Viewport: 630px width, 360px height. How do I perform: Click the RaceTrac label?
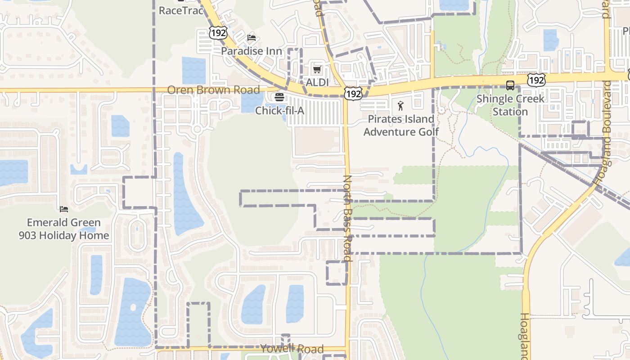click(x=181, y=10)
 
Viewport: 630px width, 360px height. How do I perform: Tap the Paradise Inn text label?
click(x=251, y=51)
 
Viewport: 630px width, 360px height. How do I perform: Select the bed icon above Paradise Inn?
click(x=252, y=37)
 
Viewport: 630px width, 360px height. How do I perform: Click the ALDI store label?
click(x=317, y=82)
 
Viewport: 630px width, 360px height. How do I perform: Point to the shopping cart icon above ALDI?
click(x=317, y=69)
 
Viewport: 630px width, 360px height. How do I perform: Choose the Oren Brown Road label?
click(x=213, y=90)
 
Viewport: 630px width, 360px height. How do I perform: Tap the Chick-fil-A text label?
click(x=279, y=110)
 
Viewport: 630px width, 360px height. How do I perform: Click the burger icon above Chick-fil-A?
click(x=279, y=97)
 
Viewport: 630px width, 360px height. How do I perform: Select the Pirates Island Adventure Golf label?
click(x=401, y=126)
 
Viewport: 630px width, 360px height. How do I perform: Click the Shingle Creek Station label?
click(x=510, y=105)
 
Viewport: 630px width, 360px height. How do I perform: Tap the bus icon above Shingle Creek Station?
click(x=510, y=85)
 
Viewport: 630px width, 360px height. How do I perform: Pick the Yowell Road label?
click(x=292, y=349)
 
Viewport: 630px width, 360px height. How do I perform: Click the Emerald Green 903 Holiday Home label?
click(x=64, y=229)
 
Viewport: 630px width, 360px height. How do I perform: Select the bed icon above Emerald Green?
click(x=64, y=209)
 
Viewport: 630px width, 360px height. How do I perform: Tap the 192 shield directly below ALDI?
click(x=353, y=94)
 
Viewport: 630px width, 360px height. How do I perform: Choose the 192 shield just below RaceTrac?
click(x=218, y=32)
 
